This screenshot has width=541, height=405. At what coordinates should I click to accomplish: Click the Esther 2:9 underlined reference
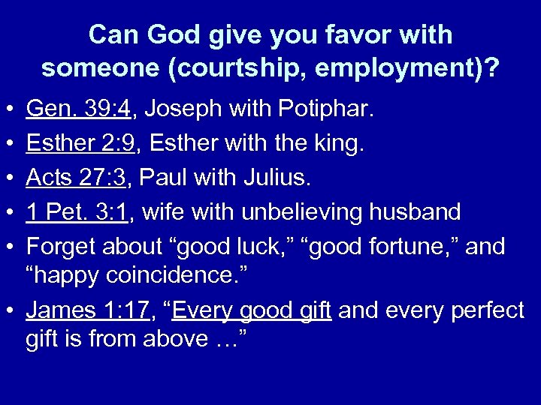[x=80, y=144]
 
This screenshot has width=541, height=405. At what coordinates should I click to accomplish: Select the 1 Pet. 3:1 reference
[x=77, y=212]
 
